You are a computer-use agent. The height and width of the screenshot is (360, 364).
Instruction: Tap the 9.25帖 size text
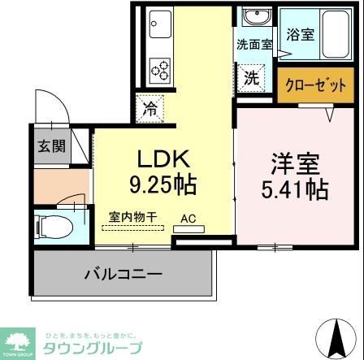[x=160, y=184]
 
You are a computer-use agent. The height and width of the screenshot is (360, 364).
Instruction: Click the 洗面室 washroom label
[x=254, y=45]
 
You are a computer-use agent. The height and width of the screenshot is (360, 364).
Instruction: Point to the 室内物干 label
[x=133, y=217]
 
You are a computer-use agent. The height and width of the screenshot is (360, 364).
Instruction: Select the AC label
[x=188, y=217]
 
